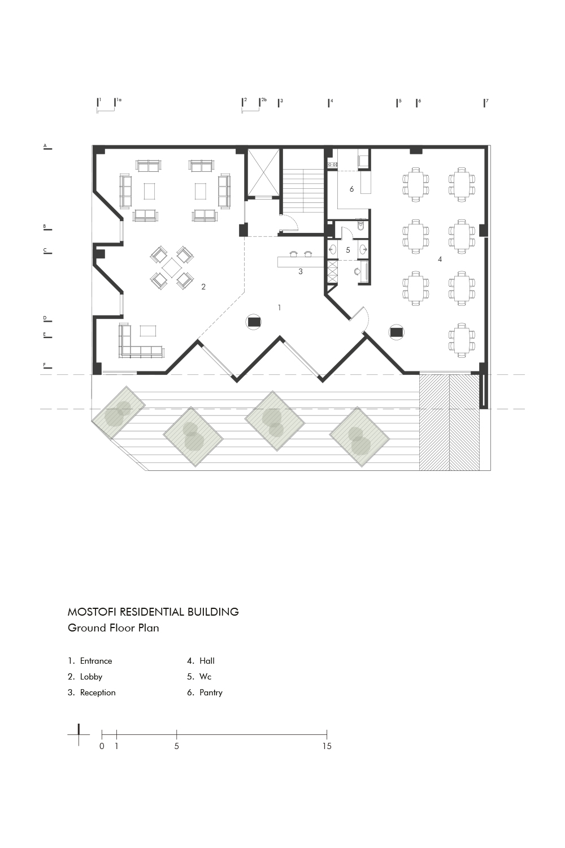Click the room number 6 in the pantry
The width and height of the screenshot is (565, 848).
[351, 189]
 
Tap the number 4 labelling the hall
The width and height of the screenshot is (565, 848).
[440, 259]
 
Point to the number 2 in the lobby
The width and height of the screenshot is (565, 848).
[203, 287]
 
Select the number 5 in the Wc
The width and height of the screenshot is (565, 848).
[348, 250]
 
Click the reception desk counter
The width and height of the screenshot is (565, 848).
[301, 262]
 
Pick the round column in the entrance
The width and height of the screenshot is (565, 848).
[253, 322]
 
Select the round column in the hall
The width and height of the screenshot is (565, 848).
[396, 332]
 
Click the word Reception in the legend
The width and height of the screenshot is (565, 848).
[98, 693]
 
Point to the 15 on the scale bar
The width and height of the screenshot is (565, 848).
[327, 746]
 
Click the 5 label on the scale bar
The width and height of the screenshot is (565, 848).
[176, 746]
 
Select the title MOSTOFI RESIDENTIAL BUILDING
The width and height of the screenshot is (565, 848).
[153, 612]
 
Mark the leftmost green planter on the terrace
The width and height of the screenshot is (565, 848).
[118, 413]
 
